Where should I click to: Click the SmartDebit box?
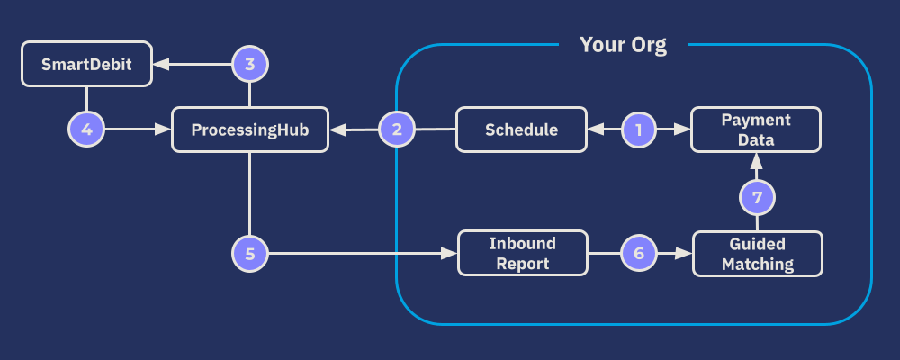(x=85, y=64)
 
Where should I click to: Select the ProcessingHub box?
(x=250, y=130)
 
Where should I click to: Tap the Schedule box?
(x=521, y=130)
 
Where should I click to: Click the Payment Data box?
(x=756, y=130)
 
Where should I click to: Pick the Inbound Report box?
(x=522, y=253)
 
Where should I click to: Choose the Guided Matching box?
(x=757, y=253)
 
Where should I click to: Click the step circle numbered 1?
(x=639, y=130)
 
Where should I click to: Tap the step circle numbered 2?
(x=397, y=130)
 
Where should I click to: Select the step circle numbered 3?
(x=250, y=64)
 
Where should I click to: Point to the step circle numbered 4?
(x=86, y=130)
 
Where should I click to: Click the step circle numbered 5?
(x=250, y=253)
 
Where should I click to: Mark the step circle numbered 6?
(x=639, y=253)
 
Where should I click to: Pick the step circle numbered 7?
(x=757, y=197)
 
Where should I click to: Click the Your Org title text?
(x=623, y=45)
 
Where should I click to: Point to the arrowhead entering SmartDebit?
(x=159, y=64)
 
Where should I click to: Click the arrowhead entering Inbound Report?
(x=451, y=253)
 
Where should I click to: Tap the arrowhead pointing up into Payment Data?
(x=757, y=159)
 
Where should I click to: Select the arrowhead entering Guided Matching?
(x=685, y=253)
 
